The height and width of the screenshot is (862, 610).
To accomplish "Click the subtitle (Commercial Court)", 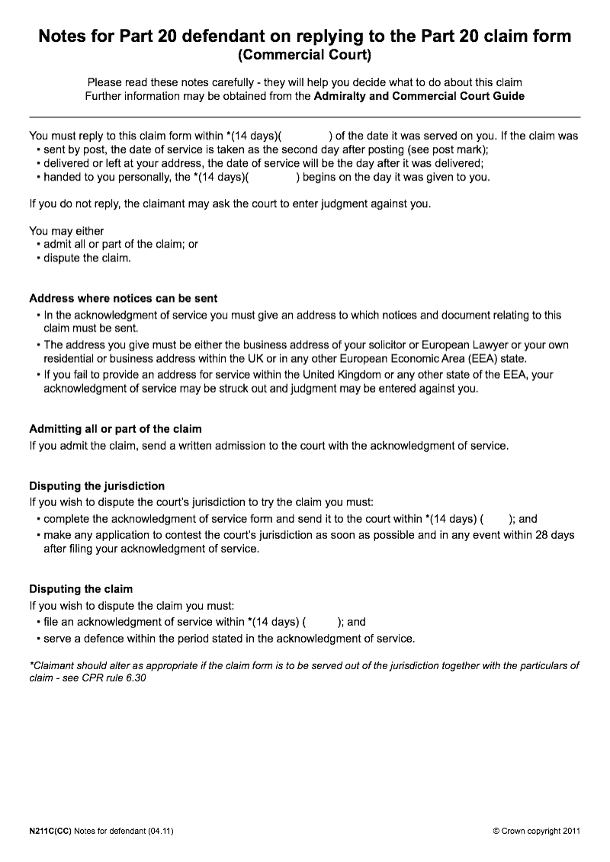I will pos(304,55).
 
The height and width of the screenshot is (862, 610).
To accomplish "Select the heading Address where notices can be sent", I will pos(124,298).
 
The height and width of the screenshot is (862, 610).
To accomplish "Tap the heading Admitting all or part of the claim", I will pos(115,429).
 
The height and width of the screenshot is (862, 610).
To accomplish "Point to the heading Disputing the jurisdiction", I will pos(97,485).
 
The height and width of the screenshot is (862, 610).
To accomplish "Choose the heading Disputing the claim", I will pos(81,588).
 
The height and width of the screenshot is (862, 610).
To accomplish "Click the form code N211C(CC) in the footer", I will pos(50,831).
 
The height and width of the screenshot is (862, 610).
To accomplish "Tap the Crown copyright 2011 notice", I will pos(537,831).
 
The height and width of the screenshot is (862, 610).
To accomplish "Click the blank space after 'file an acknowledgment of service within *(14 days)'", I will pos(320,622).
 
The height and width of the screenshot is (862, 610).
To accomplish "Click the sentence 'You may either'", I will pos(66,230).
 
